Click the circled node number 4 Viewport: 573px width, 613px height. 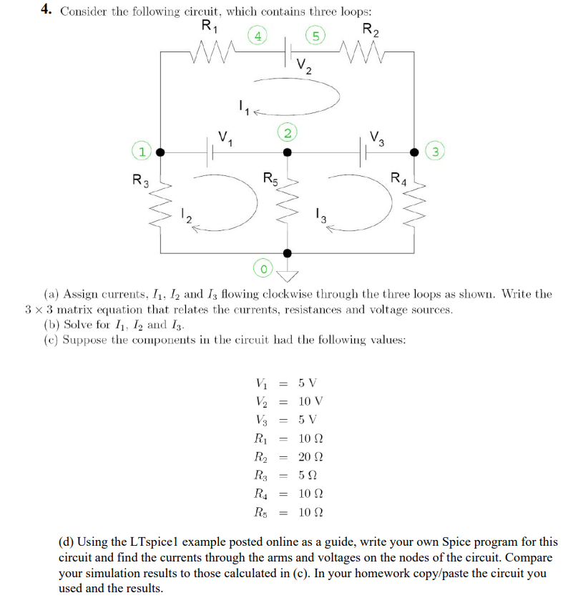pos(258,35)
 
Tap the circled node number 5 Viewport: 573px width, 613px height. pos(313,35)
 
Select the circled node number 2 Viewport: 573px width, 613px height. pos(286,133)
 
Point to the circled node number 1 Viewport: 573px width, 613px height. pos(143,152)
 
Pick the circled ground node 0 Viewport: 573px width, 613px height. pos(264,268)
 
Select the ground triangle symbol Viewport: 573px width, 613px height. pos(288,276)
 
